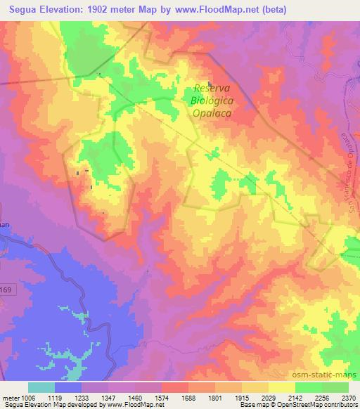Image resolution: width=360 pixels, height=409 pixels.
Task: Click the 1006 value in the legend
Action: pyautogui.click(x=28, y=396)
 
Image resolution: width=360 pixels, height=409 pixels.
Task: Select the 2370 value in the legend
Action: pyautogui.click(x=348, y=396)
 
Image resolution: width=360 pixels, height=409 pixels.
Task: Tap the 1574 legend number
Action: pyautogui.click(x=162, y=396)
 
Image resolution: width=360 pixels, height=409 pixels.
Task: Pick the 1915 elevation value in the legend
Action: pyautogui.click(x=242, y=396)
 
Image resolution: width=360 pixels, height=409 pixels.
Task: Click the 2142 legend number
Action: pyautogui.click(x=295, y=396)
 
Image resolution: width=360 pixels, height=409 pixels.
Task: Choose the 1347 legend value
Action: pyautogui.click(x=108, y=396)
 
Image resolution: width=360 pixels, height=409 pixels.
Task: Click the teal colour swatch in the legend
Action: pyautogui.click(x=41, y=387)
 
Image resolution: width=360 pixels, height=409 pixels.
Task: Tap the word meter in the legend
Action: pyautogui.click(x=10, y=396)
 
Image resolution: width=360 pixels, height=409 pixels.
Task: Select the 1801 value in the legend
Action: pyautogui.click(x=215, y=396)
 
